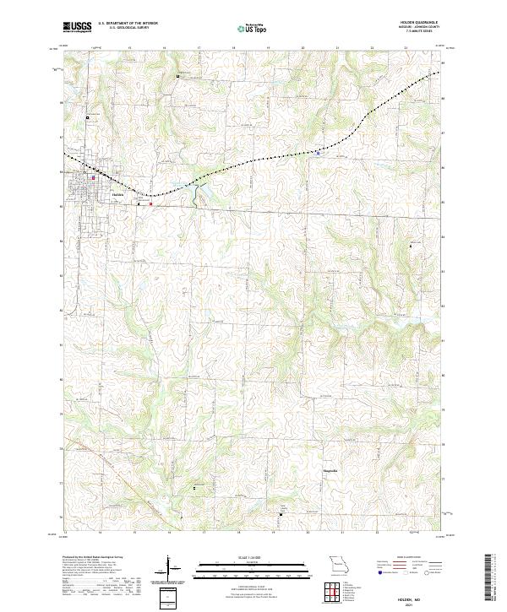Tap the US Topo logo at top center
[x=248, y=28]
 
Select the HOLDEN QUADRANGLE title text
[x=412, y=24]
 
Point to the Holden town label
[x=118, y=194]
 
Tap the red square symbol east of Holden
[x=151, y=203]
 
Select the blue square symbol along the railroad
[x=318, y=153]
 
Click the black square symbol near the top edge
[x=177, y=77]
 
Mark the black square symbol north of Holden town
[x=87, y=117]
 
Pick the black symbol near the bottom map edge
[x=282, y=512]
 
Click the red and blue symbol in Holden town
[x=93, y=178]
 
